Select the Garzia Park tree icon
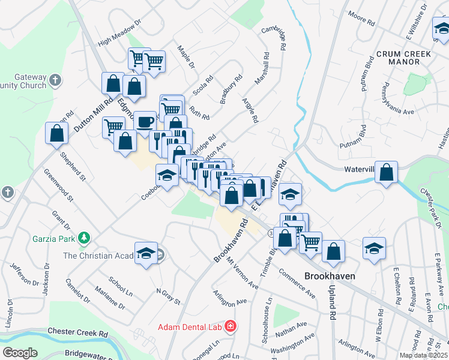tap(85, 238)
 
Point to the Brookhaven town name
tap(329, 277)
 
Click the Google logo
tap(19, 353)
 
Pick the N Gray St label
tap(168, 295)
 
